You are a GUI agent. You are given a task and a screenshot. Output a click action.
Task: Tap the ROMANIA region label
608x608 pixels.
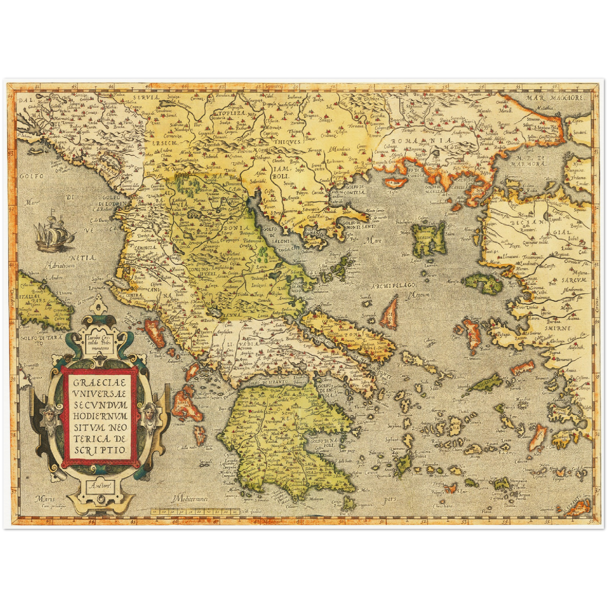(421, 141)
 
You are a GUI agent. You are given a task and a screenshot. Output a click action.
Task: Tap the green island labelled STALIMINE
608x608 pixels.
(429, 238)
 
